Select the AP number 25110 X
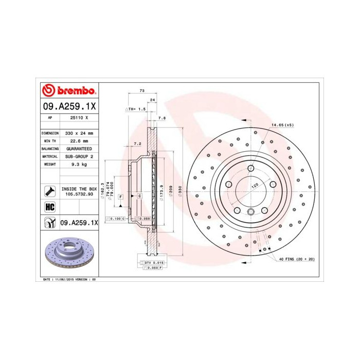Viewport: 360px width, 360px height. click(79, 117)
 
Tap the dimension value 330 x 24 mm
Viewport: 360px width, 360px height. click(79, 133)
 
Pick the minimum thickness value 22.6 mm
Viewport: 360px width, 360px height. click(79, 140)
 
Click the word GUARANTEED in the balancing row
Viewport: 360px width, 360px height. click(79, 148)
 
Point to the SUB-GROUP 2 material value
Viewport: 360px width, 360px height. click(79, 156)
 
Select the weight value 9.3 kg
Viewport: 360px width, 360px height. click(79, 164)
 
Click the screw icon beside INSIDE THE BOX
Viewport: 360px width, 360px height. click(50, 192)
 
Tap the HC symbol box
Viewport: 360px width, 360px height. click(50, 207)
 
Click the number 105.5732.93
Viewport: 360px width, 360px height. click(79, 194)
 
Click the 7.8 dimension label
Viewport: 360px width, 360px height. click(162, 118)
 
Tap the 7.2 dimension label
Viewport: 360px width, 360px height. click(137, 143)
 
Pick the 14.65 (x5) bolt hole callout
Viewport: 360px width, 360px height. click(282, 125)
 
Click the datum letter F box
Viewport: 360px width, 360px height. click(120, 196)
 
